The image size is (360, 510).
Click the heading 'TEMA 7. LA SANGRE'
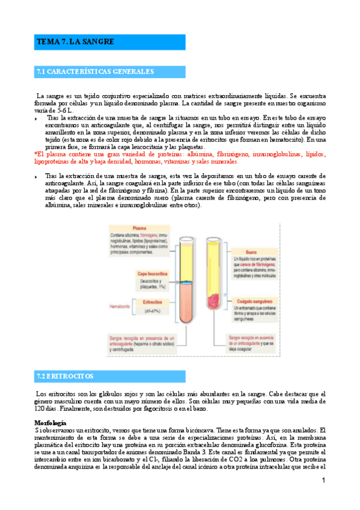click(76, 42)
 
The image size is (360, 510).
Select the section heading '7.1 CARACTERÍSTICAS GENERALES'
click(95, 72)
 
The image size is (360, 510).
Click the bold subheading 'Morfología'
click(50, 422)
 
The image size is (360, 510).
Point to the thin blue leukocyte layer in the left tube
click(186, 282)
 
